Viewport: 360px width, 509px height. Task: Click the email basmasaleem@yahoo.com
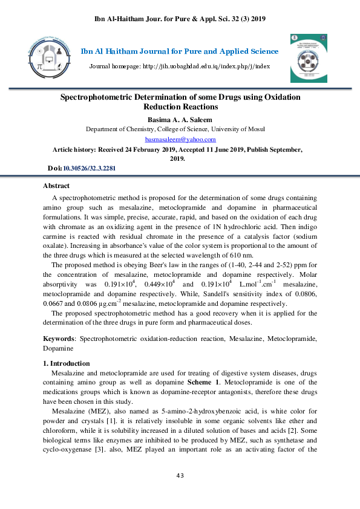pos(180,139)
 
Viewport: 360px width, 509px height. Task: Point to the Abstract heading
pos(56,186)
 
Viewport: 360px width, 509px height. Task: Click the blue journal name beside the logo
pos(180,51)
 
